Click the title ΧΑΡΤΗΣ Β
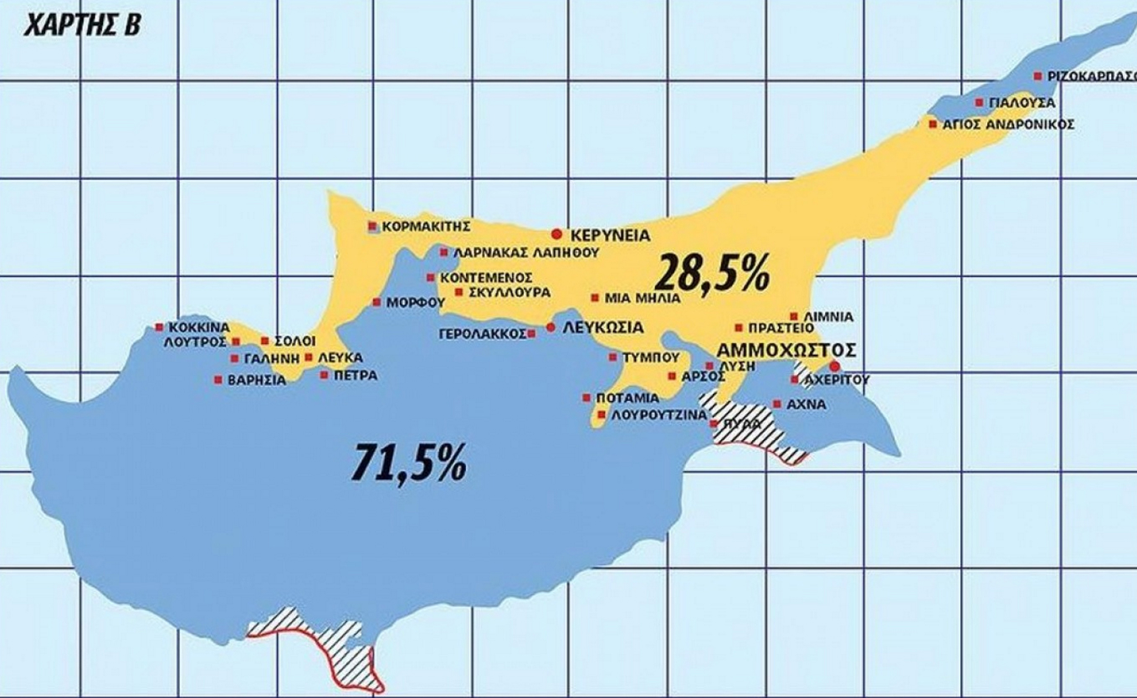pyautogui.click(x=82, y=25)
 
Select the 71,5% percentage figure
pyautogui.click(x=409, y=460)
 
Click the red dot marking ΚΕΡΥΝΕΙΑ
pyautogui.click(x=556, y=234)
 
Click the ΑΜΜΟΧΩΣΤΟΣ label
pyautogui.click(x=786, y=349)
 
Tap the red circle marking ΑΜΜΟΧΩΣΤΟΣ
pyautogui.click(x=834, y=367)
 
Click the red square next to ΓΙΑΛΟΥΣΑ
pyautogui.click(x=979, y=103)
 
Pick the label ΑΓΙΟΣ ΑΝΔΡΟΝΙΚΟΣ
pyautogui.click(x=1008, y=125)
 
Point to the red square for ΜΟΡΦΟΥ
pyautogui.click(x=376, y=302)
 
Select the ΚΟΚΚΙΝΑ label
pyautogui.click(x=198, y=327)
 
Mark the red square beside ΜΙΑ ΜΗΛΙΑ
pyautogui.click(x=594, y=297)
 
